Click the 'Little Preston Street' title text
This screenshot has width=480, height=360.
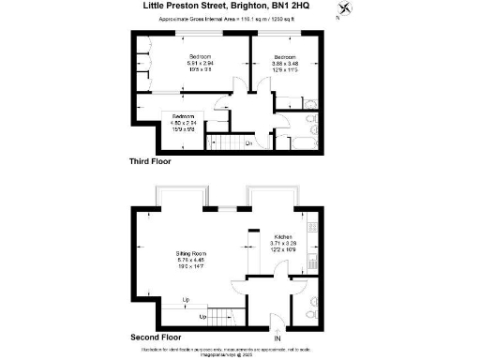click(x=187, y=6)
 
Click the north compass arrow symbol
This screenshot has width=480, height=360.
click(x=349, y=10)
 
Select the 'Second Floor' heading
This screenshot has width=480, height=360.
click(x=155, y=334)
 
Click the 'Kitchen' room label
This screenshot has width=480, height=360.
click(x=283, y=236)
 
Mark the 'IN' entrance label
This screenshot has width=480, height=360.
click(x=277, y=338)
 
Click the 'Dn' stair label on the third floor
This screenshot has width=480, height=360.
click(x=248, y=142)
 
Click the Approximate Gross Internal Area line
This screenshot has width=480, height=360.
click(x=240, y=19)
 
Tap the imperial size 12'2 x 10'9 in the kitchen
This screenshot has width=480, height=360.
click(x=283, y=251)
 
